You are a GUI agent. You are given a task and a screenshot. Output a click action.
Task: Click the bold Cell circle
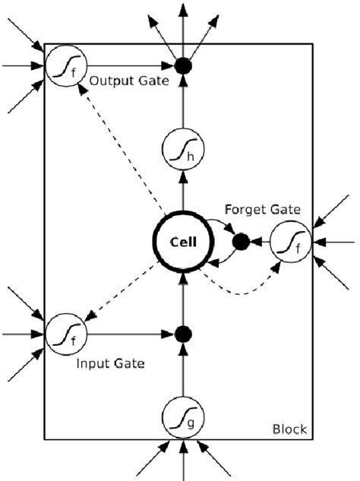(x=183, y=242)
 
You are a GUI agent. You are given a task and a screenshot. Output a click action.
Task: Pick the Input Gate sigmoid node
(x=65, y=333)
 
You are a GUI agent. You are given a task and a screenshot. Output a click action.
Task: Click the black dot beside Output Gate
(x=183, y=66)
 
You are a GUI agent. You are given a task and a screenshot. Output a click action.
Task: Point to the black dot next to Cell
(x=241, y=242)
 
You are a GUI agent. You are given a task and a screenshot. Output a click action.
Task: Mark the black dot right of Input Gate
(x=183, y=333)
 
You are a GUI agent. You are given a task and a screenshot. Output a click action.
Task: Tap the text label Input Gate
(x=111, y=364)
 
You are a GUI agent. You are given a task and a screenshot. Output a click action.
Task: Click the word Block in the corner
(x=289, y=430)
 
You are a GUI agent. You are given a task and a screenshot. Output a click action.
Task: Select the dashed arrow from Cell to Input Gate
(x=122, y=289)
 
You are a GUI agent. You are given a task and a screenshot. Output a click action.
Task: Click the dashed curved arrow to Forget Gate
(x=243, y=290)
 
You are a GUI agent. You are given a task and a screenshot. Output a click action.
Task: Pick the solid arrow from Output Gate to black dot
(x=125, y=66)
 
